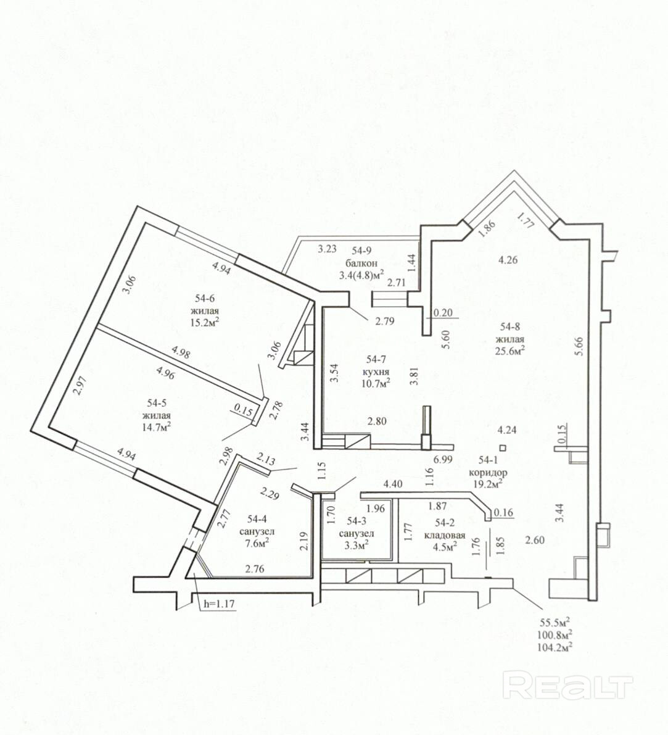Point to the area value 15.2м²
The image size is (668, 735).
205,322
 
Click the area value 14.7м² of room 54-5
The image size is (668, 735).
156,426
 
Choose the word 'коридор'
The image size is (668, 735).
488,473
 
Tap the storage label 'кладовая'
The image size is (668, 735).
445,535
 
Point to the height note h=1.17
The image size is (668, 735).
219,604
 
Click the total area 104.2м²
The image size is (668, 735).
557,647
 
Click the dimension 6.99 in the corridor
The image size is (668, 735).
443,459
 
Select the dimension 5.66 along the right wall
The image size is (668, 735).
579,347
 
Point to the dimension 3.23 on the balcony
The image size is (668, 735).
327,249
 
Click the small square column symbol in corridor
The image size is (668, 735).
503,447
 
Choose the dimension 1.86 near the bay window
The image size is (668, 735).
488,228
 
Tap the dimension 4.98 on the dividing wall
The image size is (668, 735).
181,352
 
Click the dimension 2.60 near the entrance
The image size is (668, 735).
535,540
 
